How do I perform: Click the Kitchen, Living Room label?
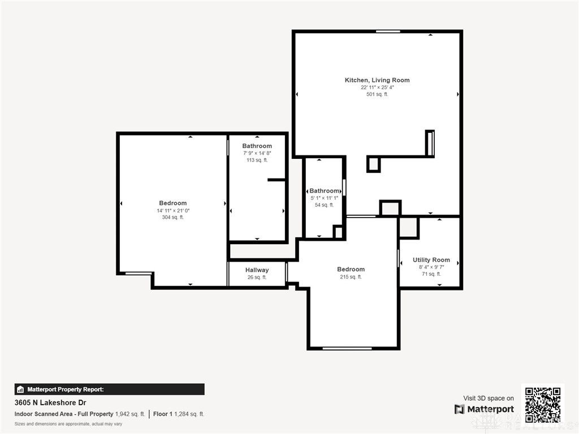point(377,80)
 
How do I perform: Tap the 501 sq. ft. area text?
point(377,94)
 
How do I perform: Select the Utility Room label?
point(431,260)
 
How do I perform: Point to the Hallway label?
point(257,270)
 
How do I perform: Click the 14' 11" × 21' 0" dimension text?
point(173,211)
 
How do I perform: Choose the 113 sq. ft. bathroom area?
point(257,160)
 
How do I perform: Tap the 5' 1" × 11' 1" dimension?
point(324,198)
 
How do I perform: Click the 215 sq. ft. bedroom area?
point(351,277)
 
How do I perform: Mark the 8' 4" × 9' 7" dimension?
point(431,267)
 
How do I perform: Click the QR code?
point(542,404)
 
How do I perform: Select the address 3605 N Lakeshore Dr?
point(50,402)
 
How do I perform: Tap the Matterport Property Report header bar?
point(109,389)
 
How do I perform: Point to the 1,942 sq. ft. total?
point(130,414)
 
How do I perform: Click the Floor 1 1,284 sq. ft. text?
point(178,414)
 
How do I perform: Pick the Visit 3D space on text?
point(489,398)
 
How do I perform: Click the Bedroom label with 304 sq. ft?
point(173,203)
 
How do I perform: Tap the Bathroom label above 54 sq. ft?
point(324,191)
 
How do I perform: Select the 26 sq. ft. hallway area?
point(257,277)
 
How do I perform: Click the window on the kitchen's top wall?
point(388,32)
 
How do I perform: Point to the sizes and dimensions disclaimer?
point(68,424)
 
